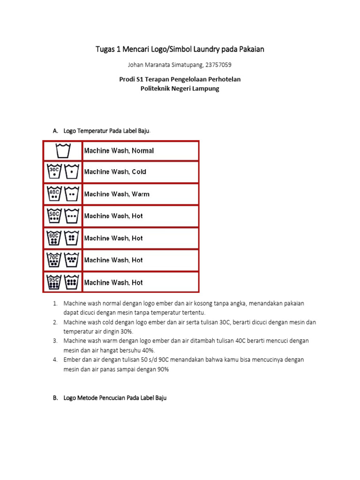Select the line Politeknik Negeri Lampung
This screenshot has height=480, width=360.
tap(180, 88)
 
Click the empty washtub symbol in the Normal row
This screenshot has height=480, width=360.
tap(63, 151)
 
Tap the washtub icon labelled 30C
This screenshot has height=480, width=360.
tap(54, 172)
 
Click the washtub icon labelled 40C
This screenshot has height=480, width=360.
tap(54, 194)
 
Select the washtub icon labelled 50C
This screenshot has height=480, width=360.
tap(54, 216)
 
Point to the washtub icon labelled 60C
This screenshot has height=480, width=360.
tap(54, 238)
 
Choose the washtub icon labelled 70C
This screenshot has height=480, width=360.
tap(54, 260)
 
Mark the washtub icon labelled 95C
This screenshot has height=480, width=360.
tap(54, 282)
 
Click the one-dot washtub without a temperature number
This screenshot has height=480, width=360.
tap(71, 172)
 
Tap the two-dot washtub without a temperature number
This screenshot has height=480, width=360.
tap(71, 194)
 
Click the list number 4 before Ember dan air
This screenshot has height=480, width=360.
tap(55, 360)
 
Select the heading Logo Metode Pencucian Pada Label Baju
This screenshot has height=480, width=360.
tap(115, 397)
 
